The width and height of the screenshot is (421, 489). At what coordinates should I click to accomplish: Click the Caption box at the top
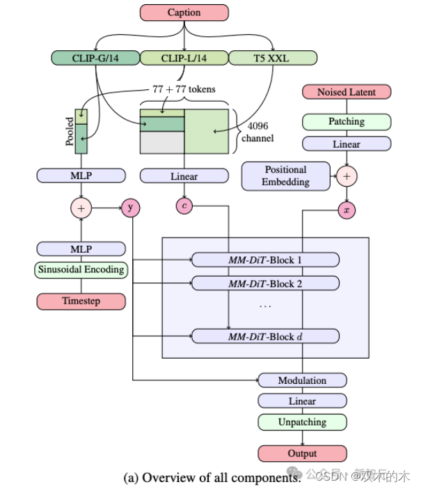click(x=183, y=13)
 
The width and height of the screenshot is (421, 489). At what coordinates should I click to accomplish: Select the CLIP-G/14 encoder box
click(x=95, y=58)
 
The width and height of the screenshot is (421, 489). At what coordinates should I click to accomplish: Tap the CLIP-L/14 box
click(x=183, y=58)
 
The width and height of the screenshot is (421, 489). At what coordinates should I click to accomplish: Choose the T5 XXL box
click(x=272, y=58)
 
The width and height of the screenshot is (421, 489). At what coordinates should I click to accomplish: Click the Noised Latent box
click(x=346, y=92)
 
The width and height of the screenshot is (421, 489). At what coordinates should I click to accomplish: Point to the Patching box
click(x=346, y=122)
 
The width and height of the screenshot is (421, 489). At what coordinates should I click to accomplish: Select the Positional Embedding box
click(x=285, y=176)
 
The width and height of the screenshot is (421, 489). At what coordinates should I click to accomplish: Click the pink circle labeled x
click(x=346, y=210)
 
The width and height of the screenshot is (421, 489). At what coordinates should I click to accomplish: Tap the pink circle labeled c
click(x=184, y=205)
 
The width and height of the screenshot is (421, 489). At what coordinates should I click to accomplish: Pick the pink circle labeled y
click(x=131, y=207)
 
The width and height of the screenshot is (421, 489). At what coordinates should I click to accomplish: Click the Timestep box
click(x=81, y=301)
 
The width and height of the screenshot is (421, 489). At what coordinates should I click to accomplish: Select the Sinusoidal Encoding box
click(x=81, y=269)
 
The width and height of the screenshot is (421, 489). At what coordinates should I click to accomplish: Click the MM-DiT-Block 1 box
click(x=265, y=261)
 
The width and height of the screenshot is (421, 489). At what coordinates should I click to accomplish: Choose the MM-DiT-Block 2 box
click(x=265, y=284)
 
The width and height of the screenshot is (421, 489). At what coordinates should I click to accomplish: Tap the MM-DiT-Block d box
click(x=265, y=336)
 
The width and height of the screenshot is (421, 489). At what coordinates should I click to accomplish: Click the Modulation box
click(x=302, y=380)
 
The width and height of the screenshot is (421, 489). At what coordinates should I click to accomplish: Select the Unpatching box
click(x=302, y=422)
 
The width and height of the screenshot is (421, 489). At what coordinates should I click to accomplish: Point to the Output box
click(x=302, y=453)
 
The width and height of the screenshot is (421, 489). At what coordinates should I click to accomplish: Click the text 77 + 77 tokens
click(x=184, y=89)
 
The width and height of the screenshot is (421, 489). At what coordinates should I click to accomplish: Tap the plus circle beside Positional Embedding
click(x=346, y=177)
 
